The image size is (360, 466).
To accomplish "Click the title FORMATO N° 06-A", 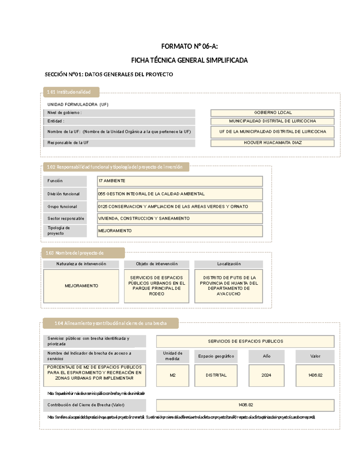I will click(189, 46).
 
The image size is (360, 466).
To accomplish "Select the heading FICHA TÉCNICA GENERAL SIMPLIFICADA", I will click(189, 60).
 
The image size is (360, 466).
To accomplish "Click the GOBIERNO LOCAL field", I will click(272, 113).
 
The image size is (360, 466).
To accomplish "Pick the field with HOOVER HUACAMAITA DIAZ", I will click(272, 143).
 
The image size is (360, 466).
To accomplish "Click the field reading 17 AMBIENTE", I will click(180, 181).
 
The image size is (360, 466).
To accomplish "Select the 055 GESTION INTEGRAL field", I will click(180, 194).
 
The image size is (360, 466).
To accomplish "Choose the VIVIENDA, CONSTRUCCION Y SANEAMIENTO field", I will click(180, 218).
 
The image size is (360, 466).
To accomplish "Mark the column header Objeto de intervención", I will click(157, 264).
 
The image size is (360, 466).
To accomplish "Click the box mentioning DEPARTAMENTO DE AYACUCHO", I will click(229, 286).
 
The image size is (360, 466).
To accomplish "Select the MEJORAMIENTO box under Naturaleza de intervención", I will click(81, 286).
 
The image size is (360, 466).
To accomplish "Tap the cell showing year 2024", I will click(266, 375).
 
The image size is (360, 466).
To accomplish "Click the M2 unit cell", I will click(172, 375).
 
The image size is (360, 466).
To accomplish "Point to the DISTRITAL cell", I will click(216, 375).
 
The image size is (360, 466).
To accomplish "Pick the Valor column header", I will click(315, 356).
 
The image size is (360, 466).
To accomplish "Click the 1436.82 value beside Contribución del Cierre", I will click(245, 405).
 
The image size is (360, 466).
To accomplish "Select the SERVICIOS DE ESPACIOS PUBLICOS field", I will click(245, 341).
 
